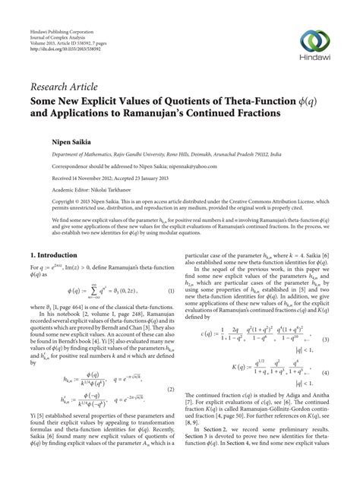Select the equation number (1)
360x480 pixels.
[x=171, y=292]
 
